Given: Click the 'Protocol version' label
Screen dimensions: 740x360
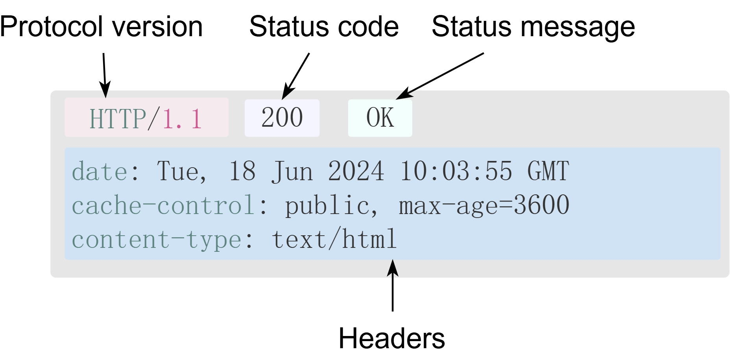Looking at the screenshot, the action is click(101, 27).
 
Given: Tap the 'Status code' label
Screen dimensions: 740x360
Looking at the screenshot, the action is click(324, 27).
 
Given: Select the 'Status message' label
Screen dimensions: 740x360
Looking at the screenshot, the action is click(533, 27).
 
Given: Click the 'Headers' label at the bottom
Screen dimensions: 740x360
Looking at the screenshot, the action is click(391, 338).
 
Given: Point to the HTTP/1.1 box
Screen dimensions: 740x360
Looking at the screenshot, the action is click(146, 118).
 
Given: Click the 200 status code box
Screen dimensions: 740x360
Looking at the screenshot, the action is click(282, 118).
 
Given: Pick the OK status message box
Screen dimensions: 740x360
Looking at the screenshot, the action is click(380, 118).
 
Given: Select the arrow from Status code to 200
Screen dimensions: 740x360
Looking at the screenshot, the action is click(296, 76).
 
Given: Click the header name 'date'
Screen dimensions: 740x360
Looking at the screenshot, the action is click(100, 172).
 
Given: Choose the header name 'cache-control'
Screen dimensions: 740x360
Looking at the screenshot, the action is click(163, 205).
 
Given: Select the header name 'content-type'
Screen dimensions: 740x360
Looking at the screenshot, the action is click(156, 239).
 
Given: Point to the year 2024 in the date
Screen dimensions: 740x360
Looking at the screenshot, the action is click(356, 172).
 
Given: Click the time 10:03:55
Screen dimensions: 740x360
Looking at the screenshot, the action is click(456, 172).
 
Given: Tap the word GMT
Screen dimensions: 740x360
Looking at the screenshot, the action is click(548, 172).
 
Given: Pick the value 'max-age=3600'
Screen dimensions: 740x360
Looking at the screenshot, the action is click(484, 205).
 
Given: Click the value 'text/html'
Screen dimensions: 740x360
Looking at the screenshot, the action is click(334, 239).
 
